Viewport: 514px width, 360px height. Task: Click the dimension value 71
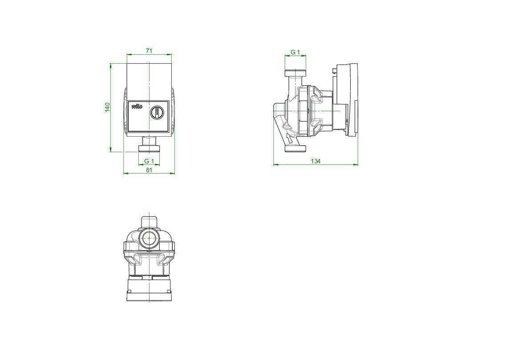tap(149, 51)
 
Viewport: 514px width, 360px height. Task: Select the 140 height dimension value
tap(108, 107)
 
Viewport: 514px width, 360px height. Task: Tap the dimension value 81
tap(149, 170)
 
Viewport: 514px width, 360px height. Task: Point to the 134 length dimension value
tap(316, 161)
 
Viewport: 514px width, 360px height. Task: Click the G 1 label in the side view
tap(295, 52)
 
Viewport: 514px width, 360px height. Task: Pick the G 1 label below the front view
tap(149, 161)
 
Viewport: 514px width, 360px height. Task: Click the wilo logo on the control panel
tap(137, 106)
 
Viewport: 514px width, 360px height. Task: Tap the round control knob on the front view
tap(157, 113)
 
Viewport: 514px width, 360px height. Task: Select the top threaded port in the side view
tap(295, 73)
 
